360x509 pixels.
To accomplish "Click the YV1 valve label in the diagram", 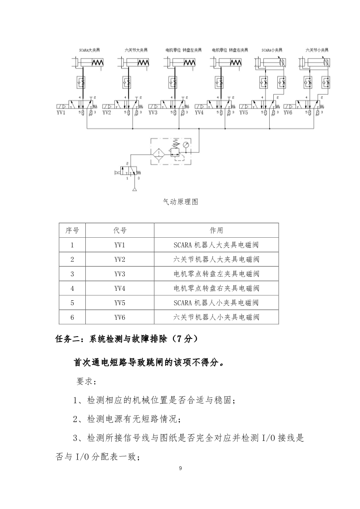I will tap(61, 112).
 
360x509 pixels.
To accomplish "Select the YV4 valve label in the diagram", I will tap(199, 112).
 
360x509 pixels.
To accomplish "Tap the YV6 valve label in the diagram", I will tap(288, 112).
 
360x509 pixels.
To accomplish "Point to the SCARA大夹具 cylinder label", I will tap(89, 49).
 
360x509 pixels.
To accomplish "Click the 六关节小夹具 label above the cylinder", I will tap(316, 49).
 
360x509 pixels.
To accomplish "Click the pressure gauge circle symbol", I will tap(186, 146).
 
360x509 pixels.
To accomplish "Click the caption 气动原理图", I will tap(181, 202).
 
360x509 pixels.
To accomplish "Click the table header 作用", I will tap(216, 230).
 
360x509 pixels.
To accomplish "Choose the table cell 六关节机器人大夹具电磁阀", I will tap(216, 259).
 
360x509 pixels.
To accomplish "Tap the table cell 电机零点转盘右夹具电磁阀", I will tap(216, 288).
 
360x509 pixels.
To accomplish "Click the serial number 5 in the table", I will tap(72, 303).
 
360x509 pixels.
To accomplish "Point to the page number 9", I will tap(180, 468).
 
